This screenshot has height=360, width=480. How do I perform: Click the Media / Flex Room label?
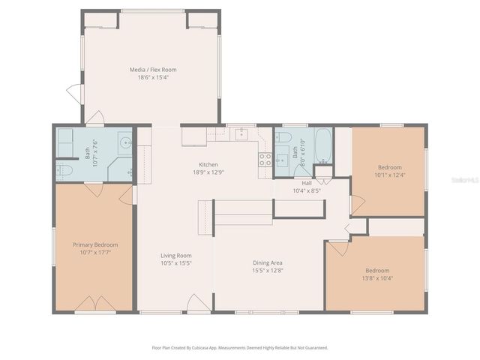point(153,70)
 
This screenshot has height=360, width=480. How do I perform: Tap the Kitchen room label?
point(208,164)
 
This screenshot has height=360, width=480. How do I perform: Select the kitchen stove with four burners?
point(265,159)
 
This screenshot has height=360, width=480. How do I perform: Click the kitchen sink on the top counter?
point(242,135)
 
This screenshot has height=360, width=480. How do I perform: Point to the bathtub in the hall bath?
point(323,145)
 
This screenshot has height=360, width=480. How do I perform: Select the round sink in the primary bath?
point(125,142)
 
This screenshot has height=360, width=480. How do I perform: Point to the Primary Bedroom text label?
point(95,244)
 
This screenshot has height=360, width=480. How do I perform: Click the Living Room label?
point(175,256)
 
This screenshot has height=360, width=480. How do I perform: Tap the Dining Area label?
point(267,262)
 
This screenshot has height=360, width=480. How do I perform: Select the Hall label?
point(307,182)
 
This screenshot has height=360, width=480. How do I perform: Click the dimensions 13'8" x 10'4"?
point(377,278)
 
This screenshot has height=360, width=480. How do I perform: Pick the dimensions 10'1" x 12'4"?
point(389,175)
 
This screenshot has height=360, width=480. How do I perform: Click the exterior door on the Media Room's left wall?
point(74,94)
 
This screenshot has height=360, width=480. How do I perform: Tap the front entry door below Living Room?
point(197,304)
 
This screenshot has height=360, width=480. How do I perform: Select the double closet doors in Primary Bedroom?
point(95,304)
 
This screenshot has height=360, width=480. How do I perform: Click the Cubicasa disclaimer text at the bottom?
point(240,347)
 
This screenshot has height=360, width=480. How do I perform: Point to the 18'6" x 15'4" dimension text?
point(153,77)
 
